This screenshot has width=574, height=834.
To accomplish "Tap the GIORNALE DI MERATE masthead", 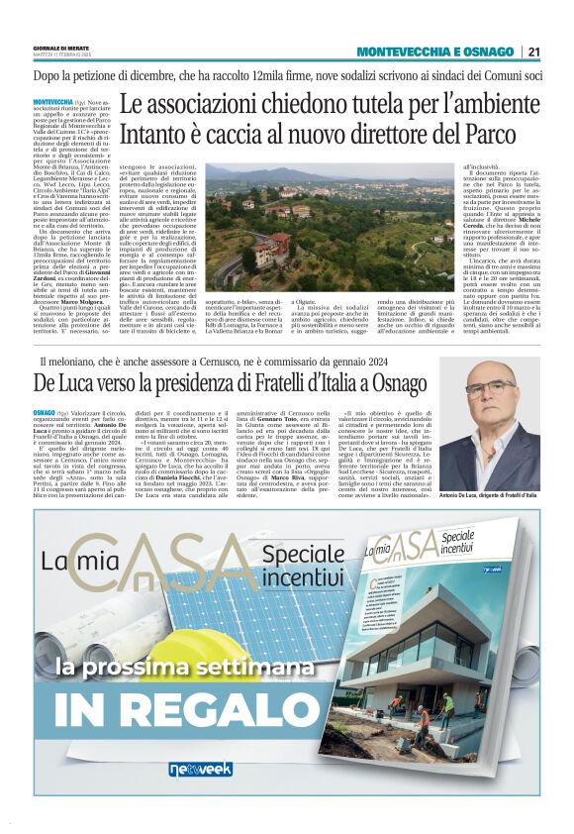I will pos(61,49).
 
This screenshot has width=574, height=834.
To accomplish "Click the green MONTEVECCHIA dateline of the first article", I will pos(51,101).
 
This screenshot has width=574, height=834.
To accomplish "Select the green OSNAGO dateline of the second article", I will pos(43,410).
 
